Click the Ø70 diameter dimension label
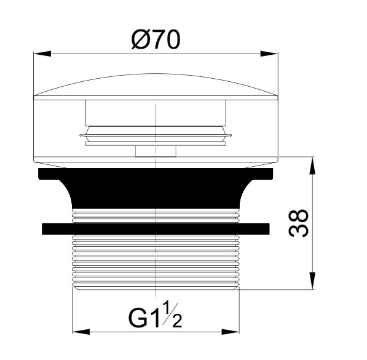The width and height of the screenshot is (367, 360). [156, 40]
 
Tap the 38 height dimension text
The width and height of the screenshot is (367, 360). [298, 223]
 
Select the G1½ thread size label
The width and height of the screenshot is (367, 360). [155, 315]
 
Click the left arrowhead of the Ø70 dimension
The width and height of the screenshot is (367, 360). [42, 54]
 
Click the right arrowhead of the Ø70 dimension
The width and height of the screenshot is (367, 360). [269, 54]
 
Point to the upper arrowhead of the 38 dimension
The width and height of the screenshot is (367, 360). [312, 166]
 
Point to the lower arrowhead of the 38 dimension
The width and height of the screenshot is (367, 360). [312, 281]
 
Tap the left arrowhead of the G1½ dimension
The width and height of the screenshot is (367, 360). [81, 332]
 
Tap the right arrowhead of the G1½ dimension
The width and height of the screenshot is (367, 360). [231, 332]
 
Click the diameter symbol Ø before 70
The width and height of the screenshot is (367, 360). [141, 40]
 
